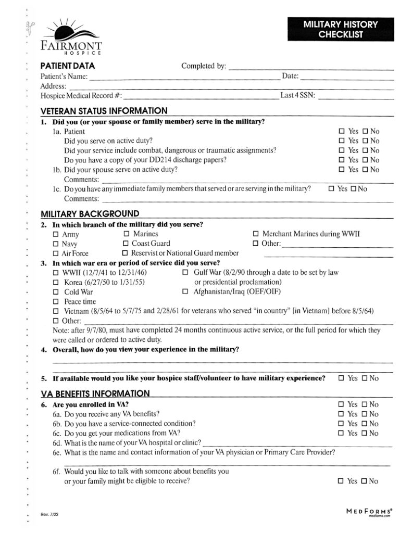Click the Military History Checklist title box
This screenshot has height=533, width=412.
point(340,29)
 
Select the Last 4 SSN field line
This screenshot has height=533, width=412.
point(358,97)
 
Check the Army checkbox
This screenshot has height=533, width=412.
point(56,234)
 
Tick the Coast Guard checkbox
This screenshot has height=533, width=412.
point(126,243)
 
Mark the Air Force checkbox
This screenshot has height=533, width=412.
point(56,253)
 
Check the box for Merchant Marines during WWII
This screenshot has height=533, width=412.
point(256,234)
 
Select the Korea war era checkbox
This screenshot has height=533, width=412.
point(56,282)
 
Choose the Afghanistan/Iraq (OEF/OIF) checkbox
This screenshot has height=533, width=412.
point(186,291)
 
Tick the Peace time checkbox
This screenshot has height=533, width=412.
point(56,301)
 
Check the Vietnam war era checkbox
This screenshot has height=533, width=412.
point(56,311)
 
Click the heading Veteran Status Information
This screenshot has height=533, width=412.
point(104,110)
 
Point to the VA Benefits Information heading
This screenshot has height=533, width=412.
point(95,393)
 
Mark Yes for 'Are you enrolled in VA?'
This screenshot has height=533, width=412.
point(341,404)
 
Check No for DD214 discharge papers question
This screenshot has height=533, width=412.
point(365,160)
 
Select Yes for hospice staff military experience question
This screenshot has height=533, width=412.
point(341,378)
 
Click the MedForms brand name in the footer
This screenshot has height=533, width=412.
point(369,511)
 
